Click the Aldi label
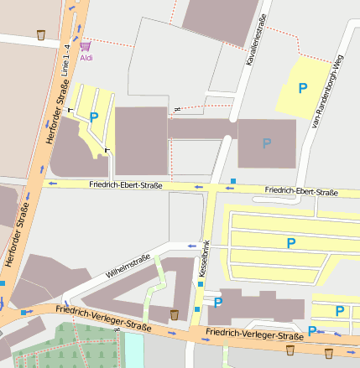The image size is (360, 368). click(x=86, y=58)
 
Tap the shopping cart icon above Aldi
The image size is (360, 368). click(x=86, y=46)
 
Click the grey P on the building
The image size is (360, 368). click(x=267, y=143)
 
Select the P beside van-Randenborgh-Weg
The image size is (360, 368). click(x=303, y=88)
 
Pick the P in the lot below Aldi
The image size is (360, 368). click(x=94, y=118)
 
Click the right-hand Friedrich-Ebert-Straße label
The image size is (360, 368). click(x=300, y=192)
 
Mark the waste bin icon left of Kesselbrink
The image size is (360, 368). click(x=175, y=315)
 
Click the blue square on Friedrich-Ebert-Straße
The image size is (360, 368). click(x=233, y=181)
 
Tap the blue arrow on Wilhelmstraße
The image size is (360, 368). click(x=191, y=246)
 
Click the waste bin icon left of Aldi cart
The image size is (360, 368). click(x=41, y=35)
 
